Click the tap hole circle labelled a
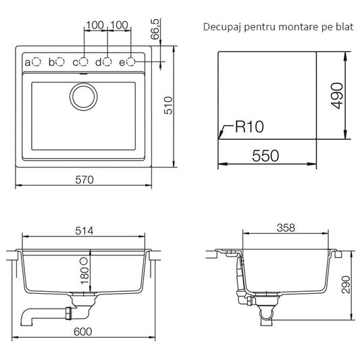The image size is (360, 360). point(36,61)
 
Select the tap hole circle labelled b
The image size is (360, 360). point(60,61)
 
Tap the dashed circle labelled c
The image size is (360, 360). point(84,61)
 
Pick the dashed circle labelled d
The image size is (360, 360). point(107,61)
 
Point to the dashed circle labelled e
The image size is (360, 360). point(131,61)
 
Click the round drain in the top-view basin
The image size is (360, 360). point(84,96)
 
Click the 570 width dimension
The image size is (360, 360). point(84,180)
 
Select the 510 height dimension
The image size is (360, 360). point(168,105)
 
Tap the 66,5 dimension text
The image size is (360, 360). point(155,29)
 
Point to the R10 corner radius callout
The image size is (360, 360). point(249,127)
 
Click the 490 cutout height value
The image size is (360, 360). point(337,95)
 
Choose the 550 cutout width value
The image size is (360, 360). point(265,156)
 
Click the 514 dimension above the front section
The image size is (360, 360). point(84,231)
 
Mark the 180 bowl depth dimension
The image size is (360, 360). point(84,276)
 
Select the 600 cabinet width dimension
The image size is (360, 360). point(83,332)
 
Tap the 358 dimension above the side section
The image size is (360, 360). point(286,228)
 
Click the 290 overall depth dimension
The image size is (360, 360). point(346,285)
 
